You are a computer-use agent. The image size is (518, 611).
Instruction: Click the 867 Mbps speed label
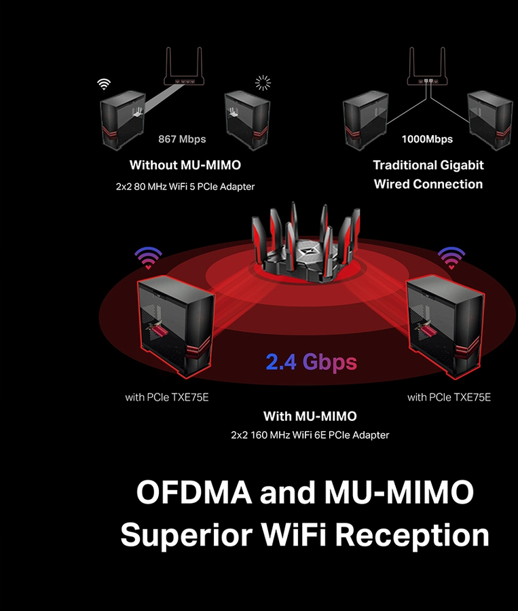pos(182,139)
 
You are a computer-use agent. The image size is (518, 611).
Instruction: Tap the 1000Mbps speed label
pos(427,139)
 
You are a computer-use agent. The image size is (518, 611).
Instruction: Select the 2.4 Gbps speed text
pos(312,363)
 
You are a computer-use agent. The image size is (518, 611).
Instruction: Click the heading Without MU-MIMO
pos(185,165)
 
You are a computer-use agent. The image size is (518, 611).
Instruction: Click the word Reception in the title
pos(412,536)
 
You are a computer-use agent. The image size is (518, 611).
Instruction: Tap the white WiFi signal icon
pos(104,84)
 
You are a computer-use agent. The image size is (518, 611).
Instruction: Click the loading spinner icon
pos(263,83)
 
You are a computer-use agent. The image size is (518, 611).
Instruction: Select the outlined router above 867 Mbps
pos(184,66)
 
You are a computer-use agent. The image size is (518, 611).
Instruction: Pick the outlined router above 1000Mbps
pos(427,66)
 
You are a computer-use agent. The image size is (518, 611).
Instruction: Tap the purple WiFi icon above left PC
pos(148,257)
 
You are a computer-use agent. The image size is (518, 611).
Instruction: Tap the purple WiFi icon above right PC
pos(451,257)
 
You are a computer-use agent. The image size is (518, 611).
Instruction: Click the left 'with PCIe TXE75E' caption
pos(167,397)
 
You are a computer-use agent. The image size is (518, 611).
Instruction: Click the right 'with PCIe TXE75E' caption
pos(449,397)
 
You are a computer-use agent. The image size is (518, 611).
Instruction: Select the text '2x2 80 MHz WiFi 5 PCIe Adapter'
pos(185,187)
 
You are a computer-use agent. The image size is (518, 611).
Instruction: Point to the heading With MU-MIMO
pos(310,416)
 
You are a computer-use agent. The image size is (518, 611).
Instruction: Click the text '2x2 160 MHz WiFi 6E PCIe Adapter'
pos(310,435)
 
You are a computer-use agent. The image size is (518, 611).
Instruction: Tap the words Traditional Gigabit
pos(428,165)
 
